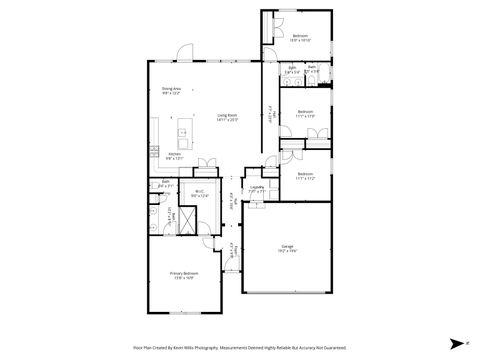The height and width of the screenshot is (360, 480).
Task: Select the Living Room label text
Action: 228,117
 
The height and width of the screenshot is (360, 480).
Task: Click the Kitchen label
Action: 174,155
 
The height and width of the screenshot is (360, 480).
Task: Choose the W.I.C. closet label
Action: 199,195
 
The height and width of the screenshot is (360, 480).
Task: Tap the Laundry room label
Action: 256,188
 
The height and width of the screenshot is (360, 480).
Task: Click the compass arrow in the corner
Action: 454,340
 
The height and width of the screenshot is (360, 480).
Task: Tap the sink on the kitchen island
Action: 183,132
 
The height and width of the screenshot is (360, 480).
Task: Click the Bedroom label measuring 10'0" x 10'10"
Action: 301,37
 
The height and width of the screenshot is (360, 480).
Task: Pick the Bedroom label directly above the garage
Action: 305,177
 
